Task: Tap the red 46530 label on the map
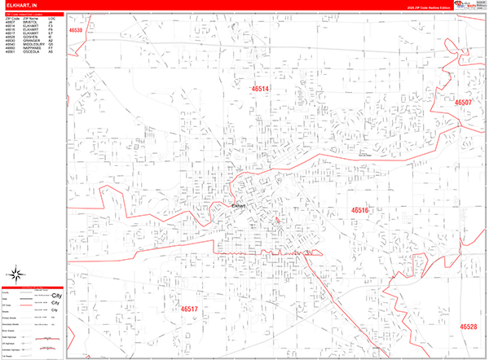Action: point(77,31)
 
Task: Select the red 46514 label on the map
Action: point(260,89)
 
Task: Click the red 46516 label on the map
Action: point(359,211)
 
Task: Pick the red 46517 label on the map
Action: point(189,310)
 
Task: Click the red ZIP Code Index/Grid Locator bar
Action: point(33,12)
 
